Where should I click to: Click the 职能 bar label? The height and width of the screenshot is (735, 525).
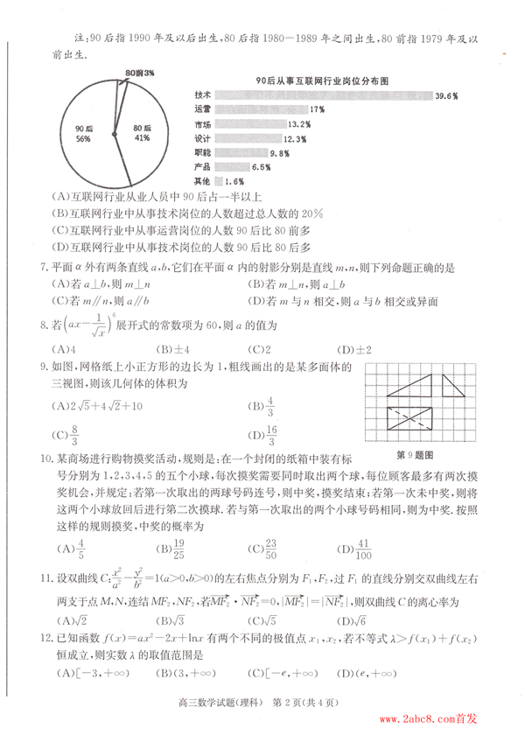pos(202,152)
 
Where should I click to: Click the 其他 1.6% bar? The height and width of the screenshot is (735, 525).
pos(218,180)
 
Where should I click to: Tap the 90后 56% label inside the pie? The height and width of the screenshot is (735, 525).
pos(84,133)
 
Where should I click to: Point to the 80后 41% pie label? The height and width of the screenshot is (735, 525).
pos(143,133)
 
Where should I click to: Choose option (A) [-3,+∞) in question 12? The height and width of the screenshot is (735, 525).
pos(87,673)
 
